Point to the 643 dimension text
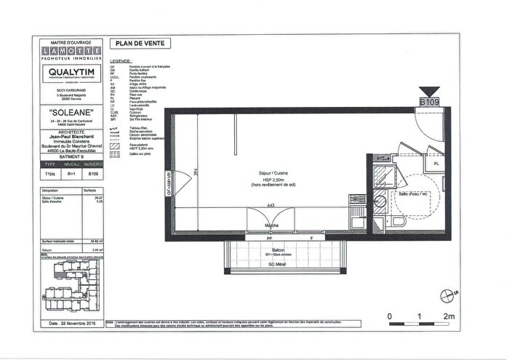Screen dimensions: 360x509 [x=270, y=205]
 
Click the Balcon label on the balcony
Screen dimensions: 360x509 [x=271, y=249]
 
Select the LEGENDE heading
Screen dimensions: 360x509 [x=120, y=62]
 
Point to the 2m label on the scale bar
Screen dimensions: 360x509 [x=449, y=316]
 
